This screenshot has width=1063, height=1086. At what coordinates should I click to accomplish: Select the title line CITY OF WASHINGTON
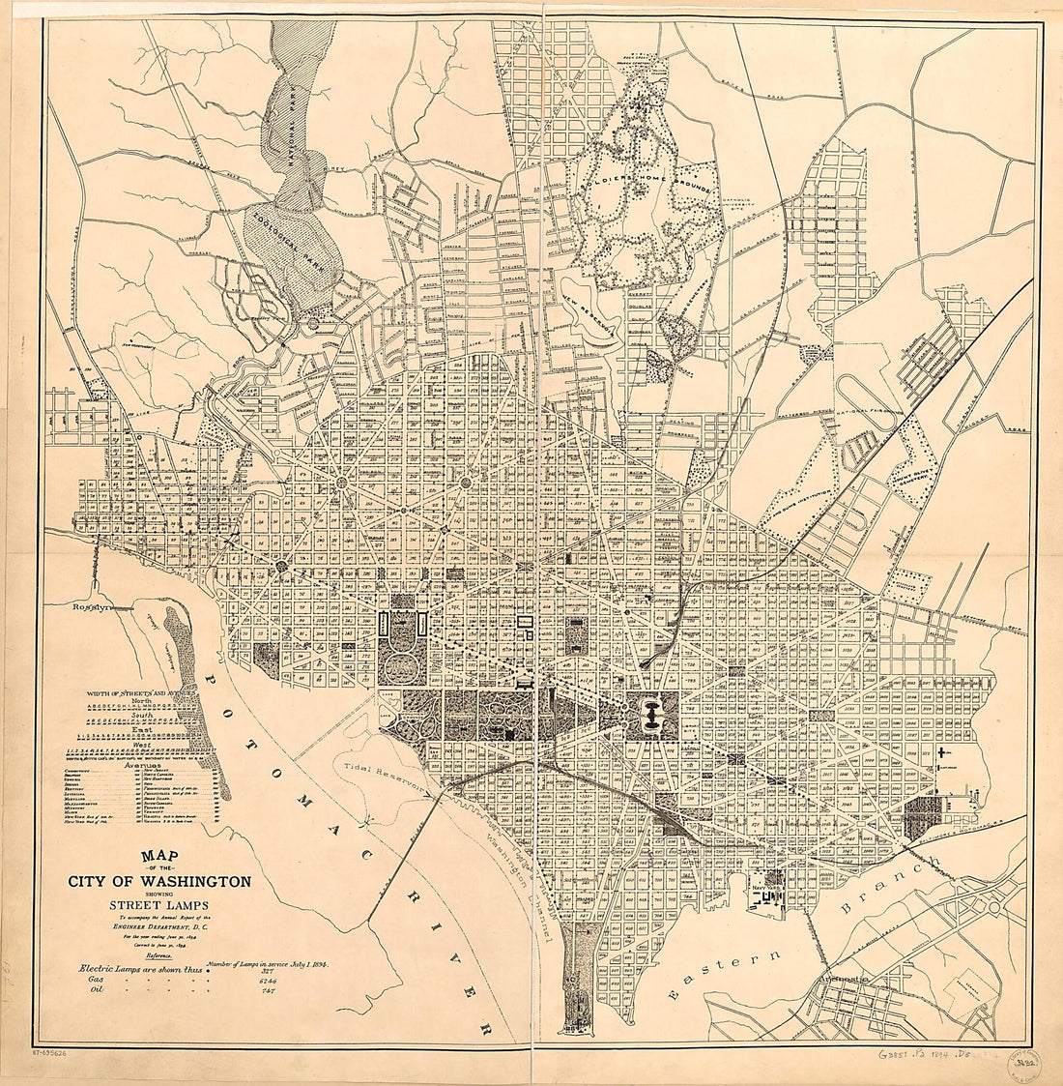coord(159,881)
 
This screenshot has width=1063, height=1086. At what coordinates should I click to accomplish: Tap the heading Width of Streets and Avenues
coord(141,694)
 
